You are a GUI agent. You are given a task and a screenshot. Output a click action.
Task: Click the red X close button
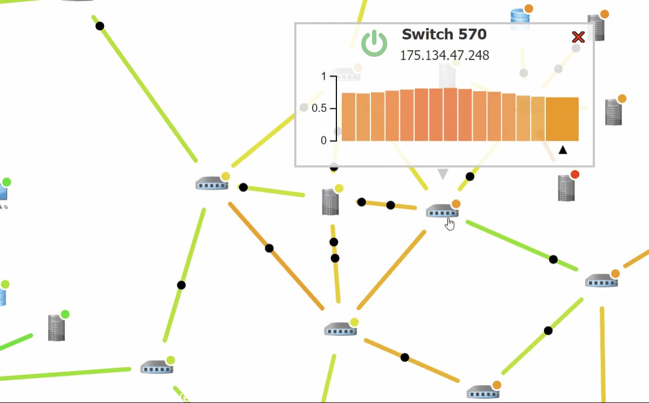click(x=578, y=37)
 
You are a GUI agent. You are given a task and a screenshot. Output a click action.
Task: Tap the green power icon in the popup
click(x=374, y=43)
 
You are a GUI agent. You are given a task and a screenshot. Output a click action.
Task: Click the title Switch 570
click(x=444, y=34)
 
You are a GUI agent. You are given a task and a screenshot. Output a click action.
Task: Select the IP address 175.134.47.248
click(x=444, y=55)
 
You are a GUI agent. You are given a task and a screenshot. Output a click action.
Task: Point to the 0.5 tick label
click(x=319, y=109)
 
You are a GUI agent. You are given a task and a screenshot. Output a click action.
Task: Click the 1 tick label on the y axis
click(x=323, y=77)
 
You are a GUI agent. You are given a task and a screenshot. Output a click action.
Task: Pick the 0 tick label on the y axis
click(x=323, y=141)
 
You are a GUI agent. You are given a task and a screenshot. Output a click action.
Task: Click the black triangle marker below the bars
click(x=562, y=150)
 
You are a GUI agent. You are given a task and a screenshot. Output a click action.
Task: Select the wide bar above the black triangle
click(x=562, y=119)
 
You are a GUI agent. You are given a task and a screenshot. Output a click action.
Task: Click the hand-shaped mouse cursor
click(x=450, y=223)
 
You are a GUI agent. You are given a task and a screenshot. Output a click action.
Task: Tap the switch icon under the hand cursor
click(x=441, y=211)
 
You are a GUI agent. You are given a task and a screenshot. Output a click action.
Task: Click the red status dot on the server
click(x=575, y=174)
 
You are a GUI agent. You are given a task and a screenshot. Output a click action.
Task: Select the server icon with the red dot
click(x=566, y=188)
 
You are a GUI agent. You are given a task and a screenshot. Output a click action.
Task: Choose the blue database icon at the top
click(x=520, y=17)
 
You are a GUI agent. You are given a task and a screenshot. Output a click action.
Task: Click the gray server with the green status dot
click(x=56, y=327)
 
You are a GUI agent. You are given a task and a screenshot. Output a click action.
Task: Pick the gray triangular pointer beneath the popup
click(x=443, y=174)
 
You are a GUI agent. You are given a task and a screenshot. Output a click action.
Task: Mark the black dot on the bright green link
click(x=553, y=259)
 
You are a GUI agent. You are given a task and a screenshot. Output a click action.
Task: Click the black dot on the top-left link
click(x=100, y=25)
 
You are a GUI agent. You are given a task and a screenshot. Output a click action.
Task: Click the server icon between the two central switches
click(x=330, y=202)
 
